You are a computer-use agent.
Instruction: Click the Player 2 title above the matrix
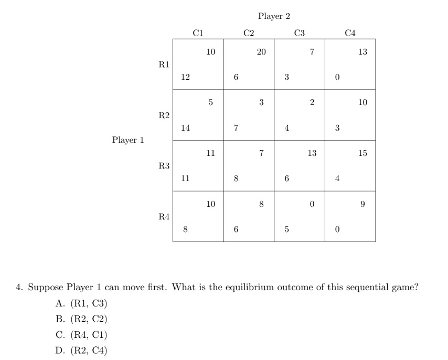click(x=274, y=16)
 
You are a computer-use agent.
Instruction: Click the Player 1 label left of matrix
click(x=127, y=140)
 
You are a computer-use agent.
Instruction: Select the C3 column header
click(x=300, y=33)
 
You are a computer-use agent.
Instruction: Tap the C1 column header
click(x=198, y=33)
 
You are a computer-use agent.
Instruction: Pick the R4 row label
click(x=164, y=217)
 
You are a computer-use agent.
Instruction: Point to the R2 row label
click(x=164, y=115)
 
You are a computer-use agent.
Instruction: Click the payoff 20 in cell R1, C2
click(x=261, y=52)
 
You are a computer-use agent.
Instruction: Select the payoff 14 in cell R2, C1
click(x=185, y=128)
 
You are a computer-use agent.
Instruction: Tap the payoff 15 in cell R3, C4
click(x=363, y=154)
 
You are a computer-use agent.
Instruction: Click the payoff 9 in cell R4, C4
click(x=363, y=205)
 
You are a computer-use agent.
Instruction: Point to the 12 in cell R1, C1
click(x=185, y=77)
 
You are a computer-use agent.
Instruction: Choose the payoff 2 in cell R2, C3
click(x=312, y=103)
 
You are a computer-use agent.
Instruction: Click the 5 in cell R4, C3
click(x=286, y=229)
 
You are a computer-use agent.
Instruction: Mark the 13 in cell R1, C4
click(x=363, y=52)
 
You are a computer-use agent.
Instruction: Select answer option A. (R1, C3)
click(x=81, y=303)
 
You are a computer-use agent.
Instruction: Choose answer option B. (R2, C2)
click(x=81, y=319)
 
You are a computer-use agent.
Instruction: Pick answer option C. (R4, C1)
click(x=81, y=335)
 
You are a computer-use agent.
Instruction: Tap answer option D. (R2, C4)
click(x=81, y=351)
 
